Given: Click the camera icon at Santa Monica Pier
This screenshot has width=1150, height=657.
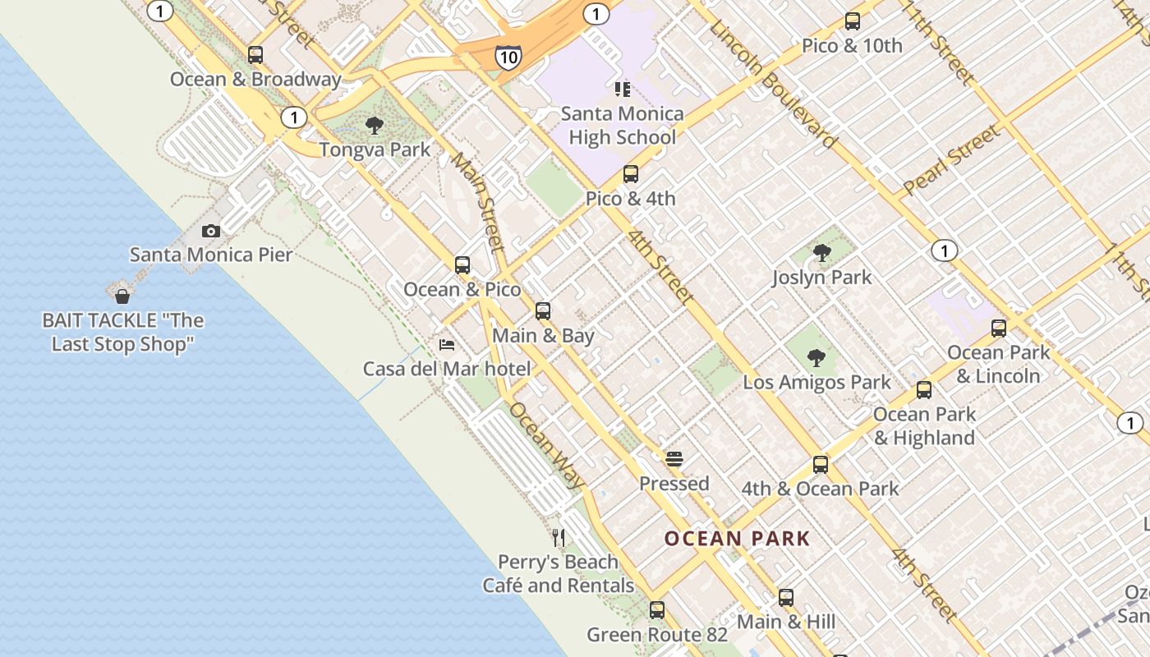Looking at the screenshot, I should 211,232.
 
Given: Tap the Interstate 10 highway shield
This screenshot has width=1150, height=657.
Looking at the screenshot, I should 508,57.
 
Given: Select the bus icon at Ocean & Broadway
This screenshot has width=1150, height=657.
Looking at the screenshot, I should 255,55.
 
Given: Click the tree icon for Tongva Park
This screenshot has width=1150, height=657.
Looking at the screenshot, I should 375,126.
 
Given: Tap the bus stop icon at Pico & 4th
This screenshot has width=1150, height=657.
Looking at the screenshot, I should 631,174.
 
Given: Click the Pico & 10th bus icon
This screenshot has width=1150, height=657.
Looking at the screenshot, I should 853,21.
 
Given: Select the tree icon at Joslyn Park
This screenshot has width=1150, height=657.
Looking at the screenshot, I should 821,253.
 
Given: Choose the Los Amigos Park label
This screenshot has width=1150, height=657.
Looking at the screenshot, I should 816,382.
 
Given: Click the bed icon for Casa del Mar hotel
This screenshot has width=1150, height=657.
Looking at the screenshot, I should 447,344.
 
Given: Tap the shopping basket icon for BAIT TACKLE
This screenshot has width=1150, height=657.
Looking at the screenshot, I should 122,296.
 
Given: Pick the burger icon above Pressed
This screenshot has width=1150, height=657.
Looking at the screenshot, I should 674,459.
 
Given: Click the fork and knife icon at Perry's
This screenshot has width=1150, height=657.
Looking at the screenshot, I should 559,538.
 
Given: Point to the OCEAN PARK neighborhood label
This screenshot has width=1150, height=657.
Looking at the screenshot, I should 737,539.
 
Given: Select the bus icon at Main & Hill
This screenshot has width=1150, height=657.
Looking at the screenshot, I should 786,598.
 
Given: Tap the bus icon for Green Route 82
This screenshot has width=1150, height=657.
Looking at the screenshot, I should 657,610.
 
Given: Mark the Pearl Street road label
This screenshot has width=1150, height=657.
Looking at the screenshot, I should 953,159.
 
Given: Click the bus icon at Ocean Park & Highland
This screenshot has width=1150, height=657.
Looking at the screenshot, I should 924,390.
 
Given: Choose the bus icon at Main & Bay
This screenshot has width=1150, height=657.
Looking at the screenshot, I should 543,311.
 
